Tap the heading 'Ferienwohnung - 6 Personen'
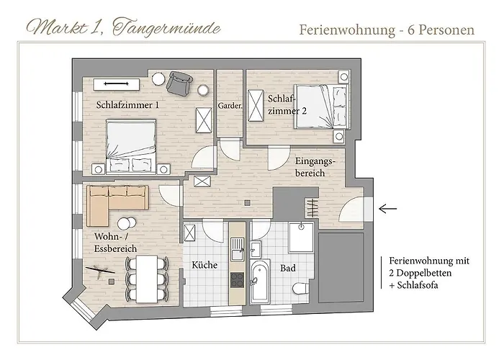(x=386, y=30)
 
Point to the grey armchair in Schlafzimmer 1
(x=179, y=84)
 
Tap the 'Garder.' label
(x=229, y=106)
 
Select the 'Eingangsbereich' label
(x=310, y=168)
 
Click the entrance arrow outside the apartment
(x=387, y=209)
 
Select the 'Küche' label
(x=204, y=265)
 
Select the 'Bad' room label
(x=287, y=267)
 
